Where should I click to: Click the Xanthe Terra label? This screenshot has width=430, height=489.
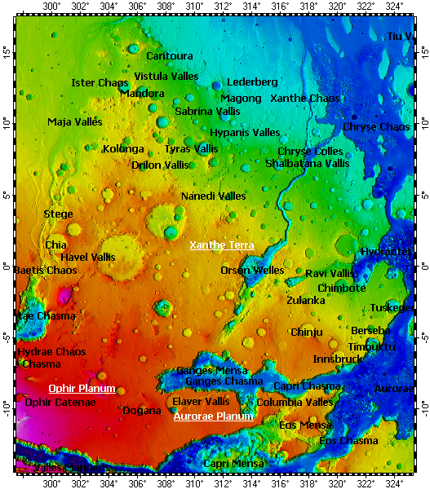pos(222,245)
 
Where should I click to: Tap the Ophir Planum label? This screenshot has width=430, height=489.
pos(82,389)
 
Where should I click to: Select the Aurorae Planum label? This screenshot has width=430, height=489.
pos(213,416)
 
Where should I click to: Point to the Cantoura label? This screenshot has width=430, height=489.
pos(170,56)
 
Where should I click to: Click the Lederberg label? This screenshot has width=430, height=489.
pos(252,82)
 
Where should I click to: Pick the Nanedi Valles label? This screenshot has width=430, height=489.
pos(213,196)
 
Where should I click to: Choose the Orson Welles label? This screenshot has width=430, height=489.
pos(252,270)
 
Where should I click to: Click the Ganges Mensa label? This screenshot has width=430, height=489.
pos(211,371)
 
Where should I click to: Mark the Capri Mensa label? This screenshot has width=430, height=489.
pos(233,464)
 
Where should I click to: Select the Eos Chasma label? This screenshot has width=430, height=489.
pos(348,441)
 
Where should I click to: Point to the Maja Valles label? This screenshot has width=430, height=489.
pos(75,122)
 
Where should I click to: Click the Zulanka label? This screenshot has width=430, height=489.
pos(306,300)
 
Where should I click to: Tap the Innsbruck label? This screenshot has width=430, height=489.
pos(337,359)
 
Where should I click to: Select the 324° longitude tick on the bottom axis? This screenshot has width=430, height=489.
pos(394,482)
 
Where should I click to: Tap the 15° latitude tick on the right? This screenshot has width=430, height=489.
pos(423,51)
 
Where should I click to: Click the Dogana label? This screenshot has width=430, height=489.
pos(141,411)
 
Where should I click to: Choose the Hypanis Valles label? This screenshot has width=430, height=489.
pos(245,132)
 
